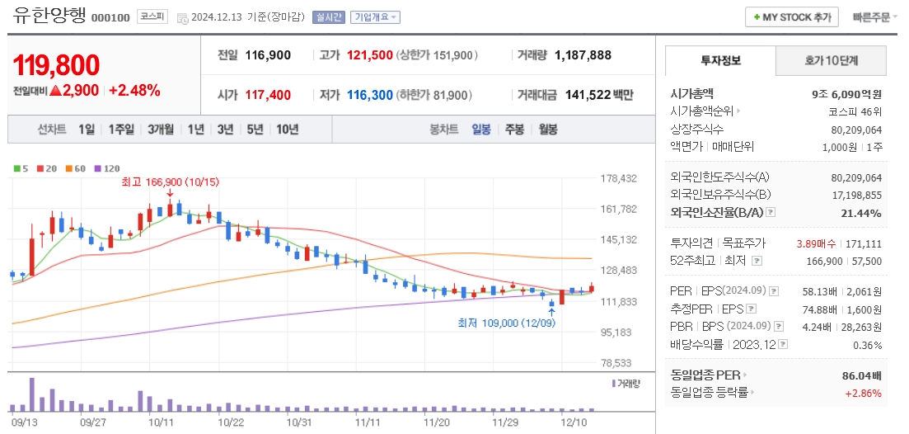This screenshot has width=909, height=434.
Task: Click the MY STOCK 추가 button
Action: (792, 17)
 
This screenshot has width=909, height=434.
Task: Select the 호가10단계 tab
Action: (831, 60)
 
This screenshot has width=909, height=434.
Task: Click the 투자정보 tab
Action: (720, 60)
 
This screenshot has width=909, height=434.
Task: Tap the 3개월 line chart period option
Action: (161, 130)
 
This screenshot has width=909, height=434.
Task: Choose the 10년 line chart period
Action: (288, 130)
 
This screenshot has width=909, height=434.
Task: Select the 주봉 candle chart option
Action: (514, 130)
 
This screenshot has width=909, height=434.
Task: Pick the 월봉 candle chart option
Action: (547, 130)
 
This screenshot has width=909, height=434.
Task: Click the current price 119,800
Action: (57, 65)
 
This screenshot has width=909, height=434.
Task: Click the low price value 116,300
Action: (369, 95)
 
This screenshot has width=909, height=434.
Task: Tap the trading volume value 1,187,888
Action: (583, 55)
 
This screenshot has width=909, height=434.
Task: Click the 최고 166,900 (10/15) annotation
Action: (169, 182)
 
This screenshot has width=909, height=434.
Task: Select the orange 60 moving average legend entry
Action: (75, 168)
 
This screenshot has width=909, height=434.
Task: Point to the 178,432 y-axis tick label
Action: (620, 178)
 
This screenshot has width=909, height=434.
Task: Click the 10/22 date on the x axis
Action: (231, 422)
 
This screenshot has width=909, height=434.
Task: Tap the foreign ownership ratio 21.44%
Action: (863, 213)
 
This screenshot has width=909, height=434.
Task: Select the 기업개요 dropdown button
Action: (376, 17)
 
